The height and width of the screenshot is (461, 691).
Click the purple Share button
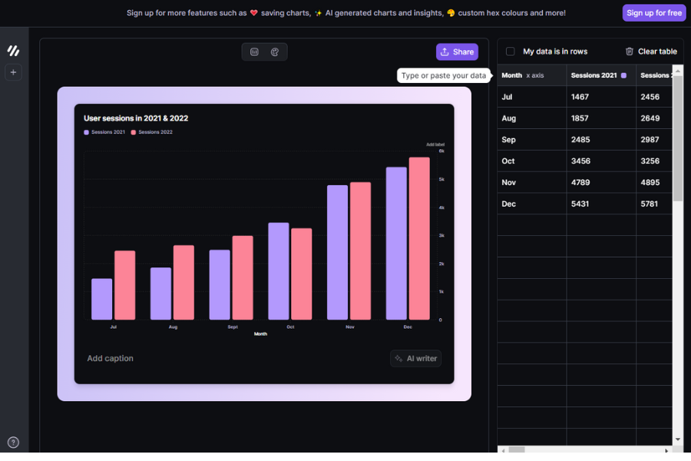click(457, 52)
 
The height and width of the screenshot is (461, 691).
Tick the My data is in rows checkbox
click(511, 51)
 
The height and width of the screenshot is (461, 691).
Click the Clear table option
click(651, 51)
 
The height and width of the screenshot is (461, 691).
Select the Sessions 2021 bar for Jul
click(102, 299)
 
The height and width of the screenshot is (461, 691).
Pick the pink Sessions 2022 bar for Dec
click(419, 238)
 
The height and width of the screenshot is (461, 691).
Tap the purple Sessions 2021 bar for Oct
click(279, 271)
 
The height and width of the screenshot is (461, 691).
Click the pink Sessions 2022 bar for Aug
click(183, 282)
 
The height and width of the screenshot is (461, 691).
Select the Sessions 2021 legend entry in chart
click(104, 132)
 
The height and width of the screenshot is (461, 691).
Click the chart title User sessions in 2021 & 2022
click(136, 118)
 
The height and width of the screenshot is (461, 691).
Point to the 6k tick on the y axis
click(441, 151)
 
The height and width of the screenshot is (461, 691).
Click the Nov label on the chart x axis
click(350, 327)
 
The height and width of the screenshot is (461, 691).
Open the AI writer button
click(415, 358)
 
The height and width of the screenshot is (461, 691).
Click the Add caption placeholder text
click(110, 358)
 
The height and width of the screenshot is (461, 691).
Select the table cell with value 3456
click(581, 161)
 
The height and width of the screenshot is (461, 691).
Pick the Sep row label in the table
click(508, 140)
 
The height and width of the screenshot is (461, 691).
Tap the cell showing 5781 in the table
click(650, 204)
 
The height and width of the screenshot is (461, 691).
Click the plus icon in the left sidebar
click(13, 72)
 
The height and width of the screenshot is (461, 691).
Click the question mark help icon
click(13, 443)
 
